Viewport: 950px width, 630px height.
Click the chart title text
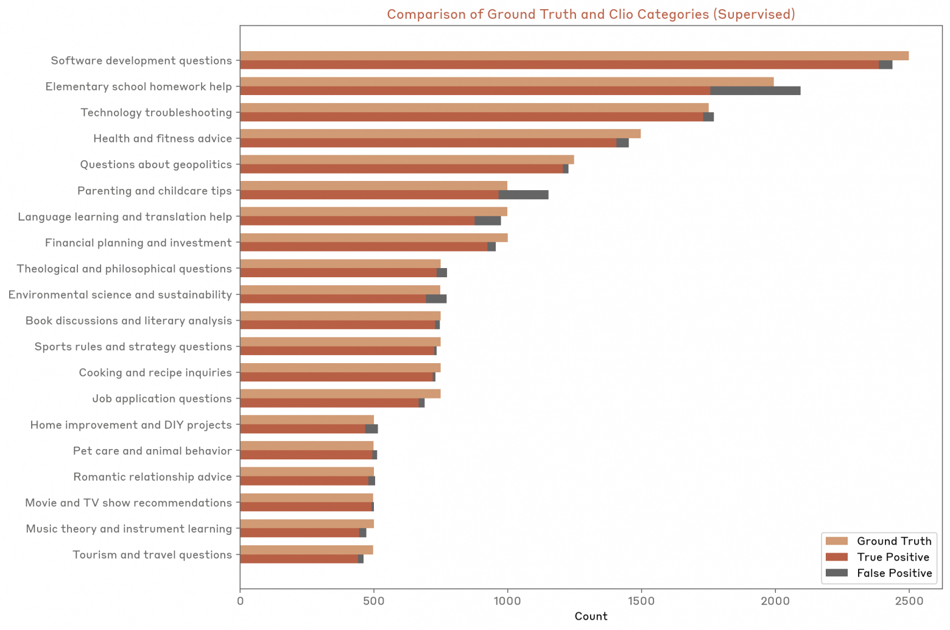point(591,14)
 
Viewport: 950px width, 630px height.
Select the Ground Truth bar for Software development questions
point(574,56)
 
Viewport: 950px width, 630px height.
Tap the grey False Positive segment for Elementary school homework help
point(755,91)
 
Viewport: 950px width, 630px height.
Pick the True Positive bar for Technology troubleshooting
point(471,117)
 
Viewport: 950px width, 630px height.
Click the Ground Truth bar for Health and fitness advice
point(440,134)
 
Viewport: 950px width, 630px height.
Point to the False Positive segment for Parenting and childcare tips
point(523,195)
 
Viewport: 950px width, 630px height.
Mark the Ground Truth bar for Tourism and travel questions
point(306,550)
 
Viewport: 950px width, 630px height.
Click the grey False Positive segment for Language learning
point(487,221)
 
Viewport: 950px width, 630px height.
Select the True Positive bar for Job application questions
point(329,403)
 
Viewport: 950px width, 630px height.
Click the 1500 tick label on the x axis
point(641,601)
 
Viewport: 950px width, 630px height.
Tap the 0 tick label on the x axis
point(240,601)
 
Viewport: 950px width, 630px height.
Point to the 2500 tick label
point(908,601)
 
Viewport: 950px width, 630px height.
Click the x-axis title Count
point(591,616)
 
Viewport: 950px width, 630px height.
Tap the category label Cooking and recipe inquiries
point(155,372)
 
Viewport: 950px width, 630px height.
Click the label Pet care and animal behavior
point(152,451)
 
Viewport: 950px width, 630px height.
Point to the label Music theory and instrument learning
point(128,529)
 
